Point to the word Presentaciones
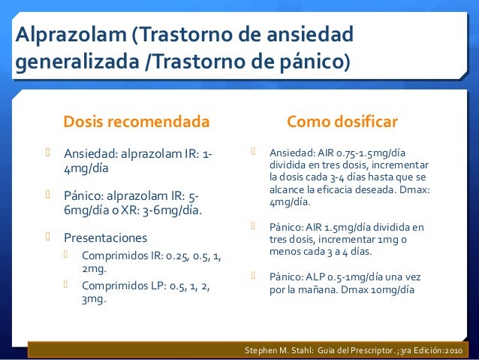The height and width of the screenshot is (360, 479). [x=105, y=237]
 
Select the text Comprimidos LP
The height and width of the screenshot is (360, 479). [x=121, y=286]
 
